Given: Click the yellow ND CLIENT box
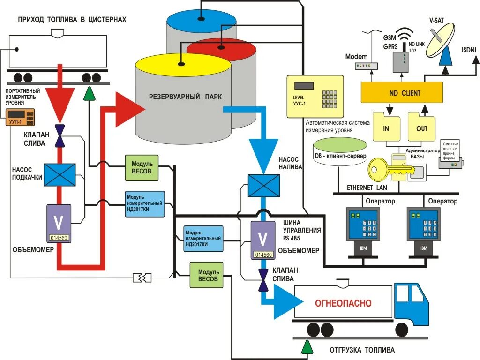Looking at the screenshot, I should pyautogui.click(x=402, y=92).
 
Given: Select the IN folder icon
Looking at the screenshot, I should pyautogui.click(x=386, y=127).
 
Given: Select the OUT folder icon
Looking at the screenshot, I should pyautogui.click(x=422, y=127).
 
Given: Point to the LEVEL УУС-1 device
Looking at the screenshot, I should pyautogui.click(x=318, y=96).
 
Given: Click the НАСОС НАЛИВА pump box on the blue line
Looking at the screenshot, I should pyautogui.click(x=263, y=185).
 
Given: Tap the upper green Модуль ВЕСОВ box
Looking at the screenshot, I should pyautogui.click(x=142, y=167).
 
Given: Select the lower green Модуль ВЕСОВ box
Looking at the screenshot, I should pyautogui.click(x=206, y=275).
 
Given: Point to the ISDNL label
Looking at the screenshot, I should pyautogui.click(x=470, y=50).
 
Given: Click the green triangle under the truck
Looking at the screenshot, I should pyautogui.click(x=307, y=347).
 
